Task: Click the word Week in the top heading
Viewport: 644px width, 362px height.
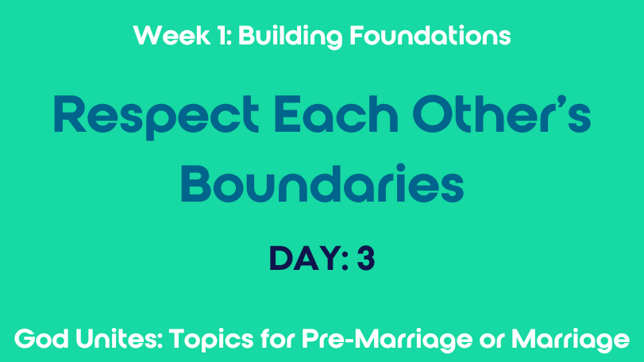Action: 172,35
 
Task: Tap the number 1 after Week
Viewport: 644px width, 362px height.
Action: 222,35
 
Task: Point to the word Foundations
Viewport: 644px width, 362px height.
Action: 430,35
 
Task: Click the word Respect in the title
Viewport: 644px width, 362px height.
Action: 156,117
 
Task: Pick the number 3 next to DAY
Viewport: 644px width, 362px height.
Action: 366,259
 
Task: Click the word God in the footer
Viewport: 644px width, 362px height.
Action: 41,339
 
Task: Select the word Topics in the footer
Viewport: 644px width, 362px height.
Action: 211,341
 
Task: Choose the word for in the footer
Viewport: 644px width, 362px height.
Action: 278,339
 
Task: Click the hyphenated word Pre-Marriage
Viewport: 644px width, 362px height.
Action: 387,341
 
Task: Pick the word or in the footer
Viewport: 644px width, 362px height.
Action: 492,341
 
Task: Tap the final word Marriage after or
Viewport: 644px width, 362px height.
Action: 570,341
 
